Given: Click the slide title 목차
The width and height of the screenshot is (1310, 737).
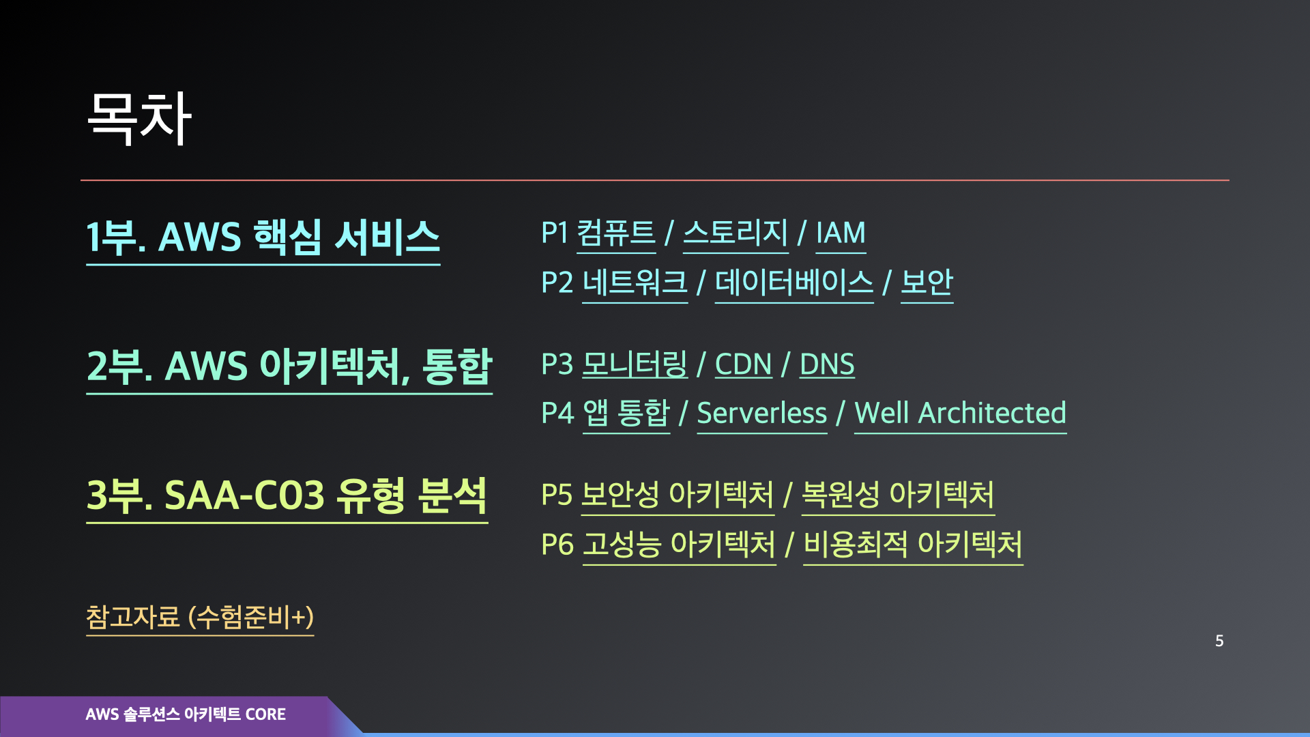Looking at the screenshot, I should click(139, 118).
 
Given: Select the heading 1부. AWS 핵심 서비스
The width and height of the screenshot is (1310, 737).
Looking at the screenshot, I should click(263, 237).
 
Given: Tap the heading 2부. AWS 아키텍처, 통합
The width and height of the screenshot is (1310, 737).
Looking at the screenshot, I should click(289, 366).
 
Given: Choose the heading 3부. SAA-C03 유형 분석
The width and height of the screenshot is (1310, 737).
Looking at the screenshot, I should click(287, 495).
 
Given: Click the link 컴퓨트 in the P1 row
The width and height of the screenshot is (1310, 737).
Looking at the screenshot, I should click(615, 233).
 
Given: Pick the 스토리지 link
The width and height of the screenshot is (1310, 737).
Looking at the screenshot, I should click(736, 233).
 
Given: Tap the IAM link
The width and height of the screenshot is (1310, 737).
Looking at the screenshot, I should click(841, 233).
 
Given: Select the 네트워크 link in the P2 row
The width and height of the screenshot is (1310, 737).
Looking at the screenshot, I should click(635, 283).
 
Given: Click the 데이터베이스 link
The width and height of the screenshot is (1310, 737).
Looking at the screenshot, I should click(794, 283).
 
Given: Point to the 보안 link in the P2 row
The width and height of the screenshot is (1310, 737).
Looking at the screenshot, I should click(927, 283).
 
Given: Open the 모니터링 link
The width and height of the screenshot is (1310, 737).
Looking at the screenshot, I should click(635, 364).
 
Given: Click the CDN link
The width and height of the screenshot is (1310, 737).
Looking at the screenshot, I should click(743, 364).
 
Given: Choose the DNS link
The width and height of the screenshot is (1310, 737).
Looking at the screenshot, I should click(827, 364).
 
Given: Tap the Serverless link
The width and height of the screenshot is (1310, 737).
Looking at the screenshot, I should click(761, 414).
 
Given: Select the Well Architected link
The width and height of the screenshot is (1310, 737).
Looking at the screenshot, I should click(960, 414).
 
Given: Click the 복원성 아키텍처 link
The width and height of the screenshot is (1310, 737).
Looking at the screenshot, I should click(898, 495).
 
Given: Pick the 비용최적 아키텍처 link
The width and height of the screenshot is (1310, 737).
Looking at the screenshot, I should click(913, 545).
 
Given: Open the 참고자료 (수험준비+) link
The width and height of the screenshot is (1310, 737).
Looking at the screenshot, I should click(200, 617).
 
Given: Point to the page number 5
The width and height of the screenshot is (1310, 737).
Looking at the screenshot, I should click(1219, 641).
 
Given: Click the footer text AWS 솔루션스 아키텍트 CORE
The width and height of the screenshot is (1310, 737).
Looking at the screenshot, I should click(186, 714).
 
